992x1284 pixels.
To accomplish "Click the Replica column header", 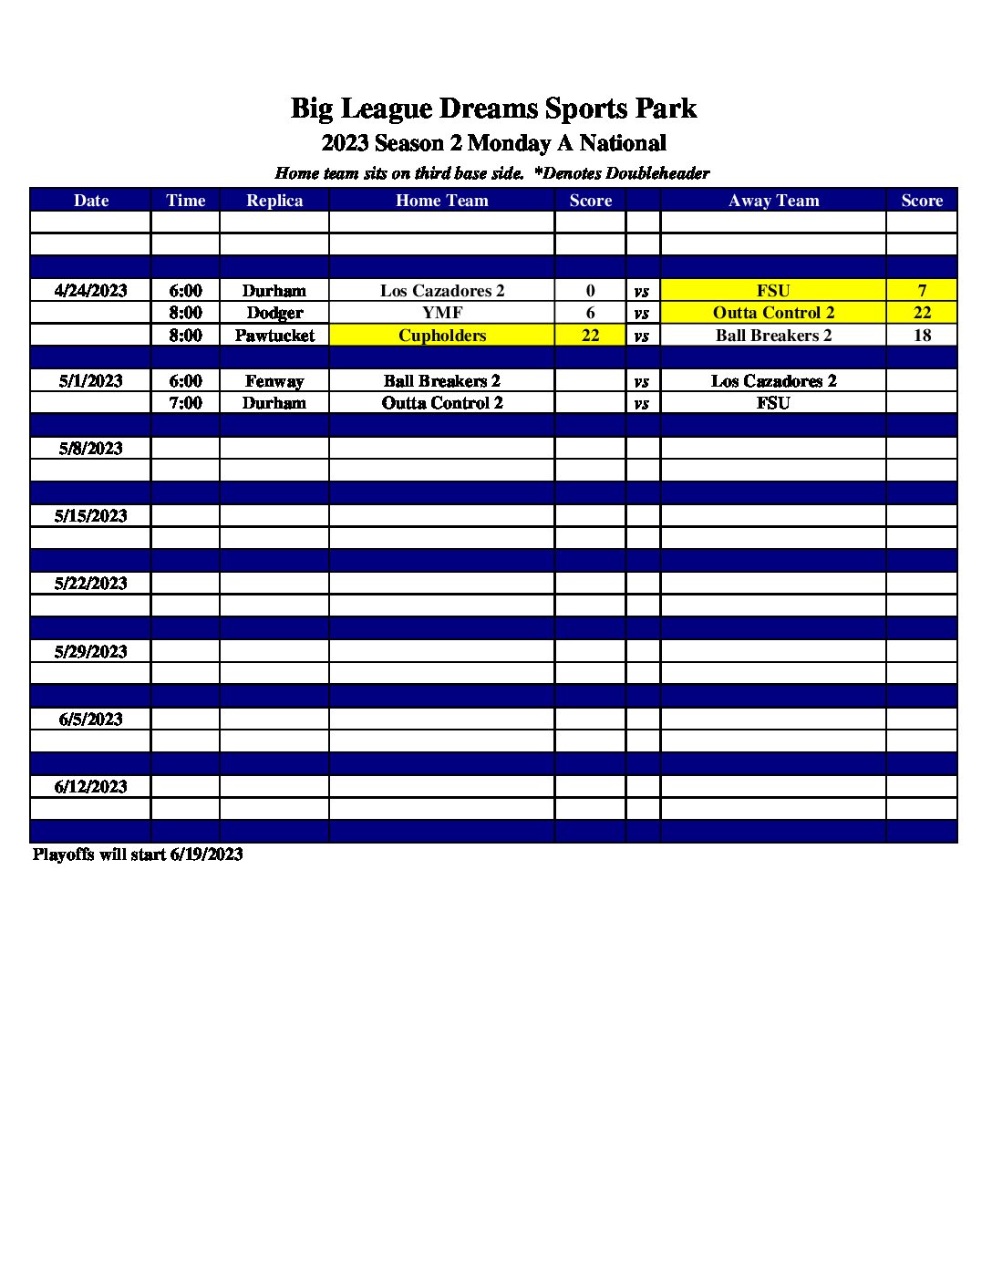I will (x=274, y=201).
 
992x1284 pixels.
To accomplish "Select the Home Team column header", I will (x=442, y=201).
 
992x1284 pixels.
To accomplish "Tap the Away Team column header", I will (x=773, y=201).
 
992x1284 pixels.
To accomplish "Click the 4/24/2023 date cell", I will (x=90, y=291).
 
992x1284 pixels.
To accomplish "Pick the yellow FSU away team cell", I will (x=773, y=291).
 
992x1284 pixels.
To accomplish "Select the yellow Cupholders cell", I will (x=442, y=336).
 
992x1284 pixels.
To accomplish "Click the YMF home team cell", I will (x=442, y=313).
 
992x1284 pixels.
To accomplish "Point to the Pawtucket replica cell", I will (x=274, y=336).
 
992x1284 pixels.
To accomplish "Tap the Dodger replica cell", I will (x=274, y=313).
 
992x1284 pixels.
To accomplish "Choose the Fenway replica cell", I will (x=274, y=381).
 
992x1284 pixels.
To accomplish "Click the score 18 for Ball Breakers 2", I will (x=922, y=336).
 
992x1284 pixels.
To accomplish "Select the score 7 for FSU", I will (x=922, y=291).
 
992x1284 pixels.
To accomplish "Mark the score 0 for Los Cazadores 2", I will (x=590, y=291).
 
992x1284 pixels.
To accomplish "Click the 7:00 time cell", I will (x=185, y=403).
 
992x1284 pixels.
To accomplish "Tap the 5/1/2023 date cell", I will (x=90, y=381).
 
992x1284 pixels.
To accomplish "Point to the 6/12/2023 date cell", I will (x=90, y=787).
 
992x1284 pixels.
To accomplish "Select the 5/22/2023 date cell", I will (x=90, y=584).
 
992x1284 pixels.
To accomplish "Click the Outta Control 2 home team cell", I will (x=442, y=403).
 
